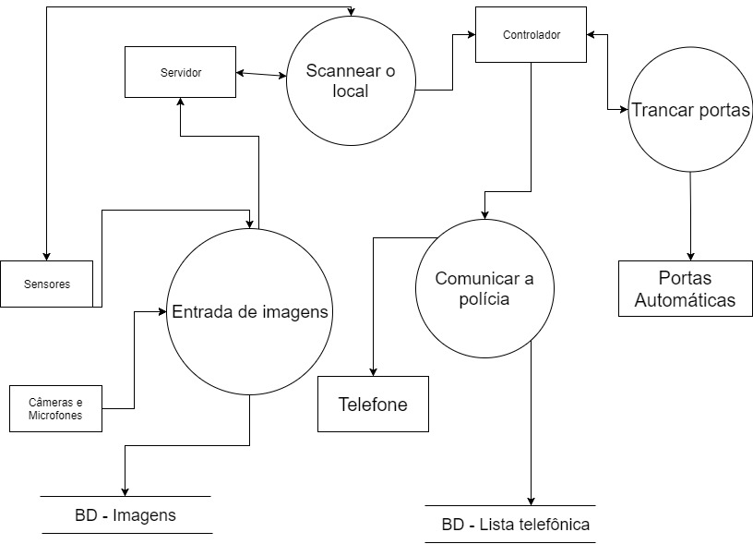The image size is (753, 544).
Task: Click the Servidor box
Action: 180,71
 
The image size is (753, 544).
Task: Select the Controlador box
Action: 531,35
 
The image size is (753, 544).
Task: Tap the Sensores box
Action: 46,284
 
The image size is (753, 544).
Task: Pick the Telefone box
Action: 373,404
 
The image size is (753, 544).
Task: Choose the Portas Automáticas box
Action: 685,288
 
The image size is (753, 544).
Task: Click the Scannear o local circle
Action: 351,82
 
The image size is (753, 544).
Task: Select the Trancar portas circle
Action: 690,110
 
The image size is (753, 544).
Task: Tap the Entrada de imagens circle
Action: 250,311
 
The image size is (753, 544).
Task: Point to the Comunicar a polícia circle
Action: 484,289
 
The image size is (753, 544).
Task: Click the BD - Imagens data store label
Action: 125,514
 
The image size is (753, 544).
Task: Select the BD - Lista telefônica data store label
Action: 515,525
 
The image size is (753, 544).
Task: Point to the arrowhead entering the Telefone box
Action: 373,370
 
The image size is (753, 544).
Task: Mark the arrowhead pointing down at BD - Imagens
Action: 125,490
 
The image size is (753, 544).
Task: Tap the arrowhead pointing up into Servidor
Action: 180,102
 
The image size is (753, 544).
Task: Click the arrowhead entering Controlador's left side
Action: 470,35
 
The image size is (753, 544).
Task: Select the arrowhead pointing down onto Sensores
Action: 45,256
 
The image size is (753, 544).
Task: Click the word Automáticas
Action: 685,300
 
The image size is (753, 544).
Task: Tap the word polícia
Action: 484,300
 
